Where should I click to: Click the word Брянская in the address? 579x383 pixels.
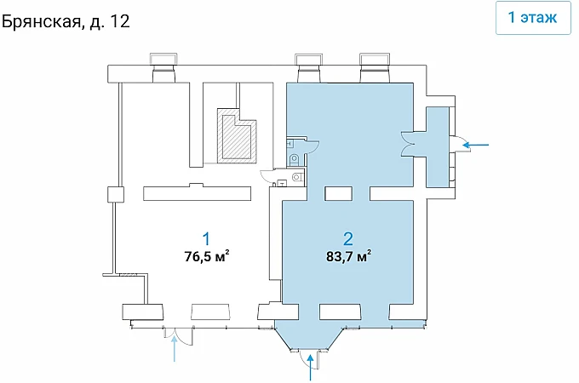click(x=42, y=22)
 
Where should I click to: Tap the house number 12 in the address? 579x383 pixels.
click(x=120, y=21)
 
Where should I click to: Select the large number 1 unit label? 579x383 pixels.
click(x=206, y=238)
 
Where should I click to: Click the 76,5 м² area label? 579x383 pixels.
click(x=207, y=256)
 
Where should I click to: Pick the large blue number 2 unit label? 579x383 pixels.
click(x=348, y=238)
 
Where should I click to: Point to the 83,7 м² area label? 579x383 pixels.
click(x=348, y=256)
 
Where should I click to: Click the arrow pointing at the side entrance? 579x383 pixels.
click(x=476, y=145)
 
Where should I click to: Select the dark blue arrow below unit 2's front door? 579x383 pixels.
click(x=311, y=367)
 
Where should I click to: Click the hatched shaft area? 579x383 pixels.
click(x=237, y=136)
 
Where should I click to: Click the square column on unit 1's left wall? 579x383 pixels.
click(x=116, y=194)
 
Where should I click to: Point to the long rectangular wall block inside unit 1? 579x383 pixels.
click(x=198, y=192)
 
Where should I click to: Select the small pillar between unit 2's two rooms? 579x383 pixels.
click(x=338, y=193)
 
